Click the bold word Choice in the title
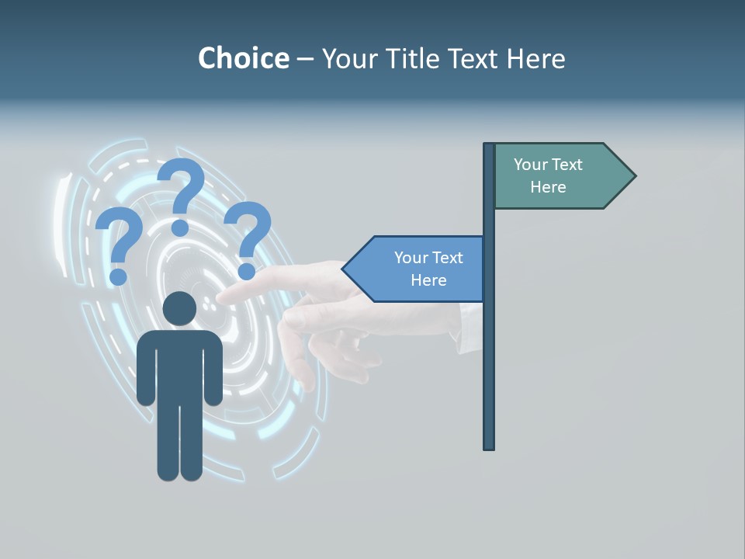coord(243,58)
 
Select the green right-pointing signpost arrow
coord(559,175)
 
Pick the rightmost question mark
coord(248,238)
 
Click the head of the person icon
coord(180,309)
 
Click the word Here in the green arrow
coord(548,187)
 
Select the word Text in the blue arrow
coord(446,258)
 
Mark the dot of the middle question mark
coord(180,227)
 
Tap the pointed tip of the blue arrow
coord(345,269)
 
